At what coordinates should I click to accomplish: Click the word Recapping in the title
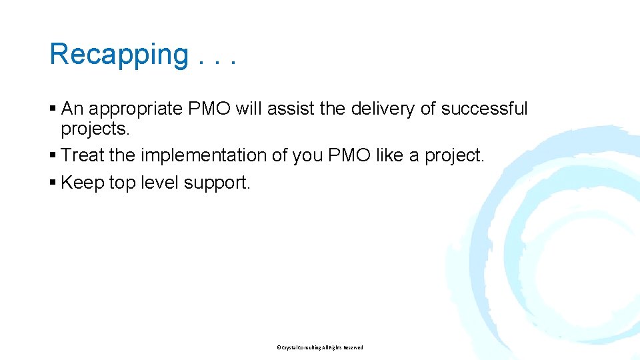point(119,55)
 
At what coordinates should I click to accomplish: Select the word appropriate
point(137,109)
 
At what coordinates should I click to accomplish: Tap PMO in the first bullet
point(210,109)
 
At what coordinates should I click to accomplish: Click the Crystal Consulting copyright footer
point(320,347)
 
